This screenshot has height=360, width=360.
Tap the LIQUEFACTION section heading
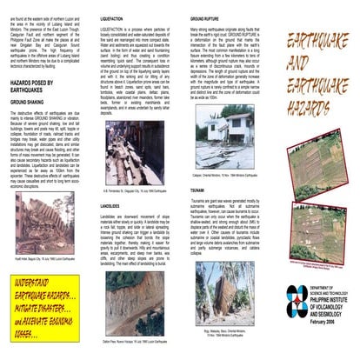click(x=119, y=17)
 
